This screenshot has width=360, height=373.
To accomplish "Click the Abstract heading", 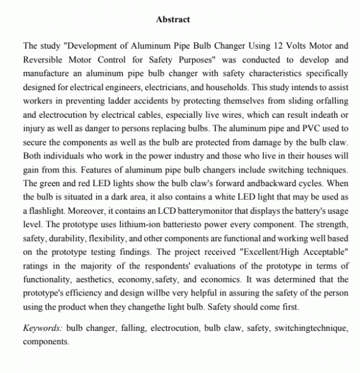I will [173, 20].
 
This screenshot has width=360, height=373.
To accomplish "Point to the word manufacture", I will [49, 73].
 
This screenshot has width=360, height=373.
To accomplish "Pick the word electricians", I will [164, 86].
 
